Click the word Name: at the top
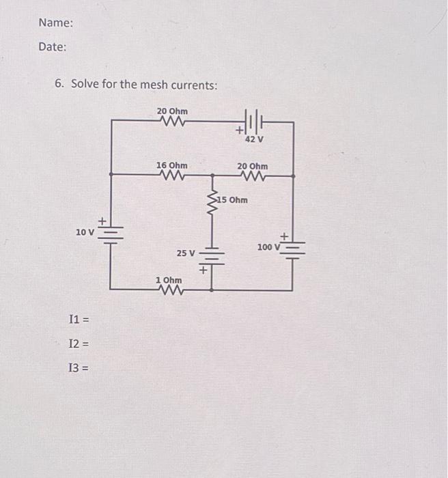click(x=56, y=23)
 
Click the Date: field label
click(x=53, y=47)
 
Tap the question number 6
click(x=60, y=85)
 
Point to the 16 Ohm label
click(x=171, y=165)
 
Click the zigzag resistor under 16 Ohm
click(x=171, y=175)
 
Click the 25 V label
click(x=186, y=253)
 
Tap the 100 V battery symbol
click(x=294, y=247)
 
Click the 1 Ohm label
click(x=169, y=281)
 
